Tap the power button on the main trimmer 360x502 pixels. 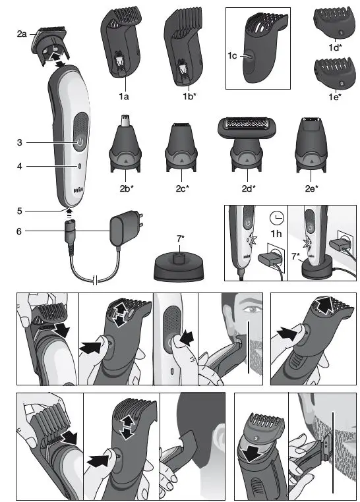[x=79, y=142]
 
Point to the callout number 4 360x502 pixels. [x=20, y=167]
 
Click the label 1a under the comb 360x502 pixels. [x=123, y=97]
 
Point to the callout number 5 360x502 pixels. [x=20, y=211]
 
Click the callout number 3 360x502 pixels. [x=20, y=142]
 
